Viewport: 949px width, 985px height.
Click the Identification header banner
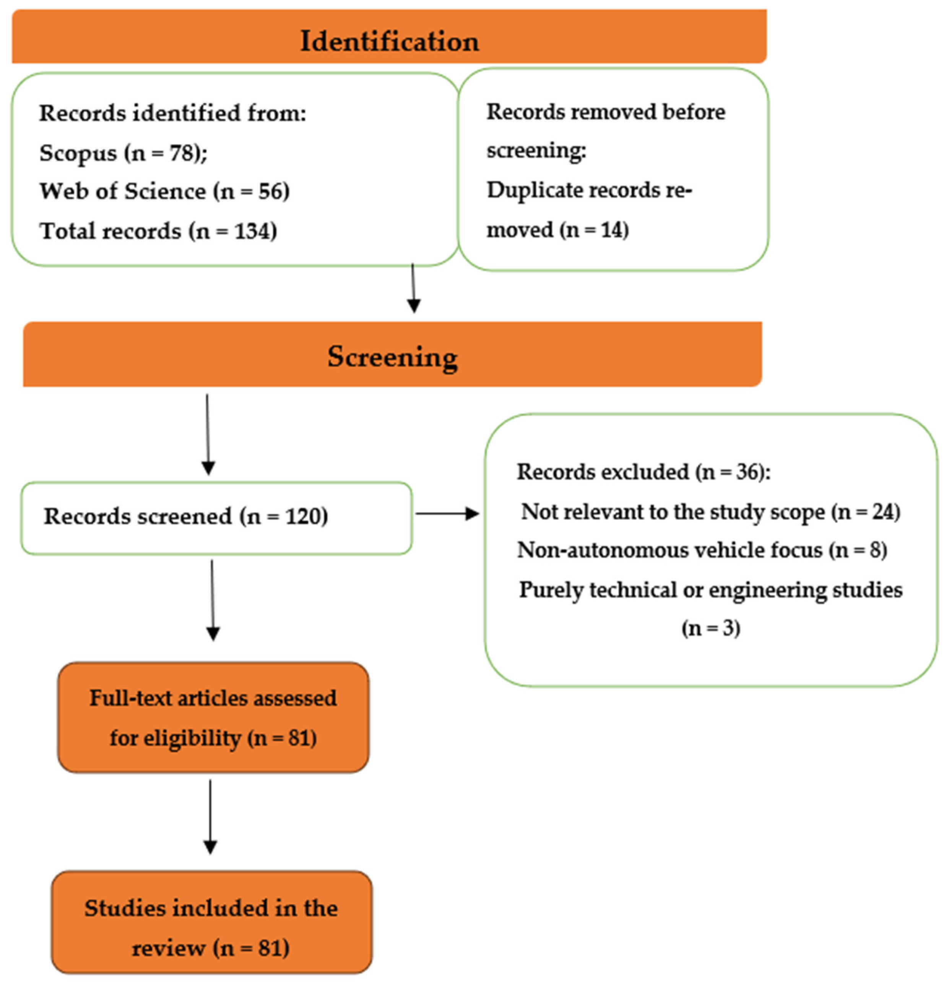389,36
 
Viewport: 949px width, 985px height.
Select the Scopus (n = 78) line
123,152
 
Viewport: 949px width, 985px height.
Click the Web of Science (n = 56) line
164,191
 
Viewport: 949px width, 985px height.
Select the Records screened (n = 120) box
217,518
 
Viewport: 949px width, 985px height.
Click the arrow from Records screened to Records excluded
447,514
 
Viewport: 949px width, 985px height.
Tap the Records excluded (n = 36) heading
643,472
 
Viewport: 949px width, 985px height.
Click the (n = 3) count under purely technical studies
711,628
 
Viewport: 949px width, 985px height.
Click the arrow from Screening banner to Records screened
208,435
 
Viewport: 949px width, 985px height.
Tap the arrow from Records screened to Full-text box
213,600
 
